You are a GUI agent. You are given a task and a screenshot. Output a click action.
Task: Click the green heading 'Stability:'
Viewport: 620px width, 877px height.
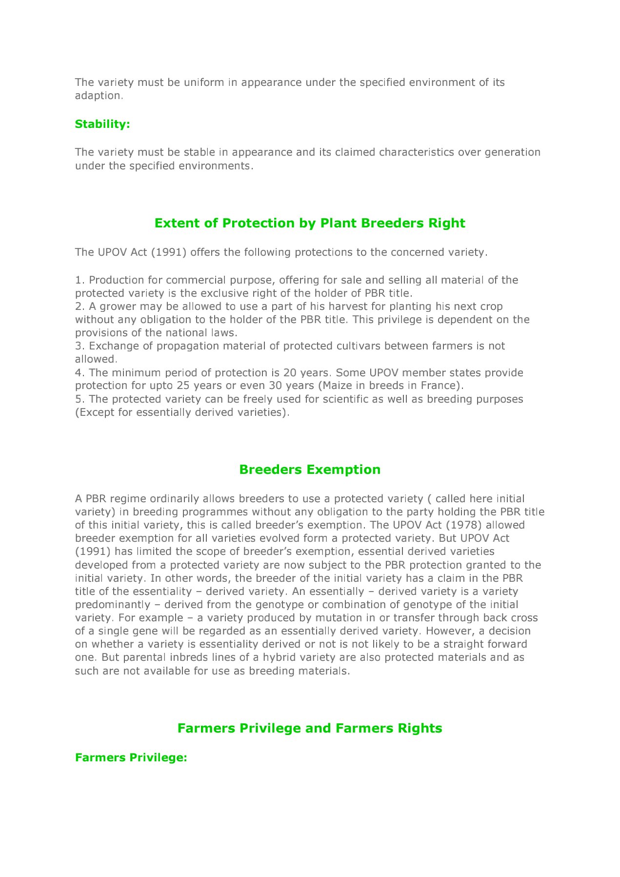click(x=102, y=124)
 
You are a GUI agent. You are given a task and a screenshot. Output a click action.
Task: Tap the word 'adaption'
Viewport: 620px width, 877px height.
click(x=98, y=96)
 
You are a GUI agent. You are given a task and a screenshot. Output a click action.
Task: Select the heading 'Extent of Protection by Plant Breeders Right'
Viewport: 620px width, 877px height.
click(x=310, y=223)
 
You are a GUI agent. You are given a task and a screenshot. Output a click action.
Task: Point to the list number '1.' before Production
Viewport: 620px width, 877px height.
click(x=80, y=280)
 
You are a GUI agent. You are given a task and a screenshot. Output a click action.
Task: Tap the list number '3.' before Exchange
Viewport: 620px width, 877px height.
click(x=80, y=346)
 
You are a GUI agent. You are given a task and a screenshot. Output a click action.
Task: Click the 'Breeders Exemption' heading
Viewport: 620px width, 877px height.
click(x=310, y=469)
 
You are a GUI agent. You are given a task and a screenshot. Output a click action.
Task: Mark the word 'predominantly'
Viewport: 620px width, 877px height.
click(x=113, y=605)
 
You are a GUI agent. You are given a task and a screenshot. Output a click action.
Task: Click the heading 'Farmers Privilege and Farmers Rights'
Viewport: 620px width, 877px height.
click(x=310, y=728)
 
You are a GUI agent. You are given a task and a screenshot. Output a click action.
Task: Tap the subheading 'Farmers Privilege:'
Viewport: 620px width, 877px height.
click(x=131, y=757)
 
